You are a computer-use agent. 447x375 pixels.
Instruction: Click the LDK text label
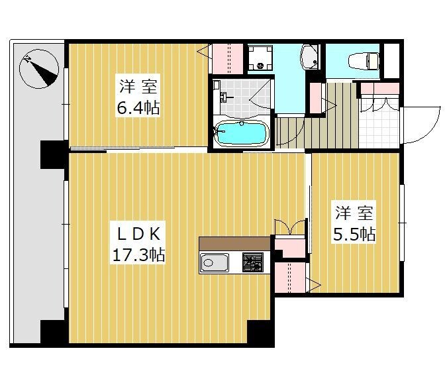[138, 234]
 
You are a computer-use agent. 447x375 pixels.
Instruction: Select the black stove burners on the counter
[252, 262]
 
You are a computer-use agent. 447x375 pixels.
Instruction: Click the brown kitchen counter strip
[234, 243]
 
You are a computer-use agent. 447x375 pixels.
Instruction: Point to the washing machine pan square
[260, 58]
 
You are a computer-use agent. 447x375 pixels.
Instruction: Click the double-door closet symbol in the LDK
[290, 227]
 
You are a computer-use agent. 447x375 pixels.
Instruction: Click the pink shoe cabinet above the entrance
[379, 88]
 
